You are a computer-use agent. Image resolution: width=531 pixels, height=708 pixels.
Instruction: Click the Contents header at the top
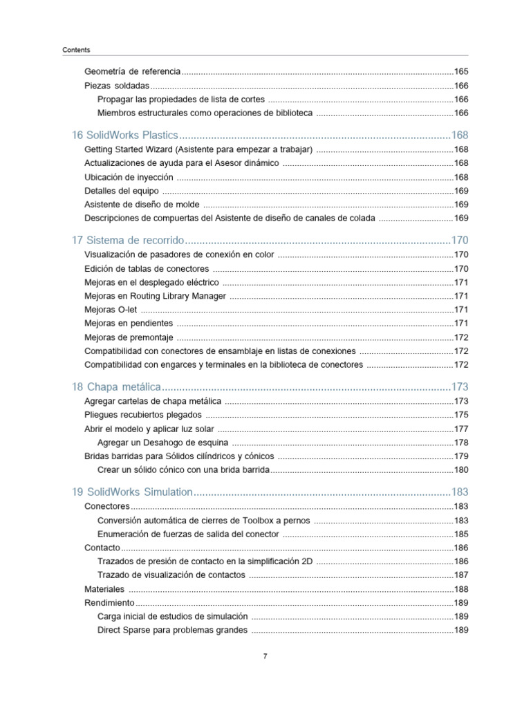pos(76,50)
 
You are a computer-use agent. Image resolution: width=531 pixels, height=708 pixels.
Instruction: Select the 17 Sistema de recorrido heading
pos(128,240)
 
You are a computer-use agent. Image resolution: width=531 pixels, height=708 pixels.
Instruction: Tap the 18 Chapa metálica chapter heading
pos(116,386)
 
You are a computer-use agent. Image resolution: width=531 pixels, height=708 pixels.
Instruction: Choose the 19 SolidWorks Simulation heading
pos(131,492)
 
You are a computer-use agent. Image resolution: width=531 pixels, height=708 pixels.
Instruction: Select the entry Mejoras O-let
pos(106,310)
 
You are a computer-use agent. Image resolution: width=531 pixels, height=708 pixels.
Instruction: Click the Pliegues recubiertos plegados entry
pos(143,415)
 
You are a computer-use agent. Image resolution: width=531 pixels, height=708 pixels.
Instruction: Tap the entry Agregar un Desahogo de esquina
pos(163,442)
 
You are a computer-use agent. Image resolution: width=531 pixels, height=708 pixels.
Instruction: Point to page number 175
pos(461,415)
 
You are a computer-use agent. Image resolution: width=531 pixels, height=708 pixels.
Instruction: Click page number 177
pos(461,429)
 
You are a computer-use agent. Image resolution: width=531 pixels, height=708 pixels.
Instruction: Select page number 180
pos(461,470)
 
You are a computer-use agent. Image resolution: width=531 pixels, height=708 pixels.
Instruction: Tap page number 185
pos(461,534)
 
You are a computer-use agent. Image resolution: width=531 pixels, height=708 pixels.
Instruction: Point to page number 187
pos(461,575)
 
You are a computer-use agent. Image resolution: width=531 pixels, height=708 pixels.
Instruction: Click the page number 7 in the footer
pos(265,656)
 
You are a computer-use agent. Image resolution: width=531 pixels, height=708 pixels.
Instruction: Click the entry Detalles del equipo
pos(121,191)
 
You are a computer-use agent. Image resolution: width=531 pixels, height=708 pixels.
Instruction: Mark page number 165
pos(461,71)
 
